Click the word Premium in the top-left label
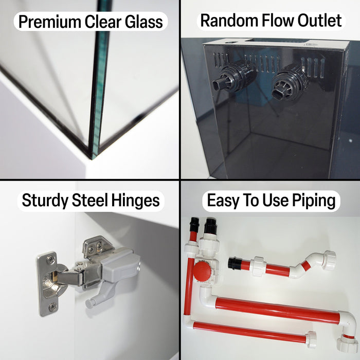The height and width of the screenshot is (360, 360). (x=50, y=22)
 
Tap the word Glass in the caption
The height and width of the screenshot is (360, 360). (x=144, y=22)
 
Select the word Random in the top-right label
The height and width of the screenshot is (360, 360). (x=230, y=20)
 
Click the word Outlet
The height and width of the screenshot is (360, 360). (x=320, y=20)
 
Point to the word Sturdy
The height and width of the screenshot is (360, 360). (x=45, y=201)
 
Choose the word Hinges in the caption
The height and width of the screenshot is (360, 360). (x=135, y=201)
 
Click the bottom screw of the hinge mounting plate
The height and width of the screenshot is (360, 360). (x=52, y=306)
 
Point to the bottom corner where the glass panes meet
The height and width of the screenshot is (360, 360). (x=93, y=159)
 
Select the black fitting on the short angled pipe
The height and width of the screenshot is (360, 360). (x=235, y=263)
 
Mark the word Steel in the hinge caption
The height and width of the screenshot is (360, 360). (x=90, y=200)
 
